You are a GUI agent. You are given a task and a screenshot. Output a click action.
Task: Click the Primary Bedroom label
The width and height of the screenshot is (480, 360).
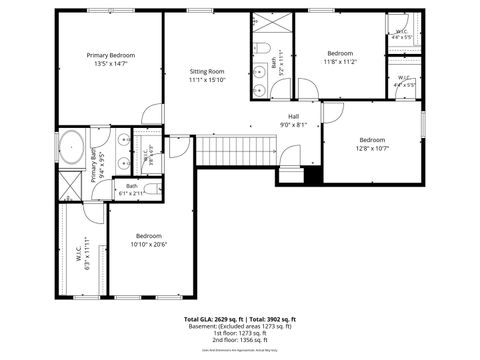110,55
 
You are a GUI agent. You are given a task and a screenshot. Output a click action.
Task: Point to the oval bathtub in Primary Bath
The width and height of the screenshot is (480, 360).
73,148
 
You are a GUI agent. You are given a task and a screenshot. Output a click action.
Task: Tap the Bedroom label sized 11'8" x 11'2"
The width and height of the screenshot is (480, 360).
340,53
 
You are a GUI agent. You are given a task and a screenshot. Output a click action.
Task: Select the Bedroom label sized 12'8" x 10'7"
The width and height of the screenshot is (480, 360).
372,139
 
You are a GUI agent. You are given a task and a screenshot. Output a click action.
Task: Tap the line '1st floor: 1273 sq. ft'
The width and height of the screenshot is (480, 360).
240,333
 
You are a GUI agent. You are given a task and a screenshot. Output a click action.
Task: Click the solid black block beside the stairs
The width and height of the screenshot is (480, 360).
312,174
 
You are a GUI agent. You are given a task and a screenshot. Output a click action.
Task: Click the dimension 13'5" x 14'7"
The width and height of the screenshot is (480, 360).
110,64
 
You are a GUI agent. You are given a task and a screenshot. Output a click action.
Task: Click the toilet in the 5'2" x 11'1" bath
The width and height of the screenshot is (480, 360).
258,49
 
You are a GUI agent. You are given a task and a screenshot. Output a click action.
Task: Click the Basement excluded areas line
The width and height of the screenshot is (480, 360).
240,326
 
